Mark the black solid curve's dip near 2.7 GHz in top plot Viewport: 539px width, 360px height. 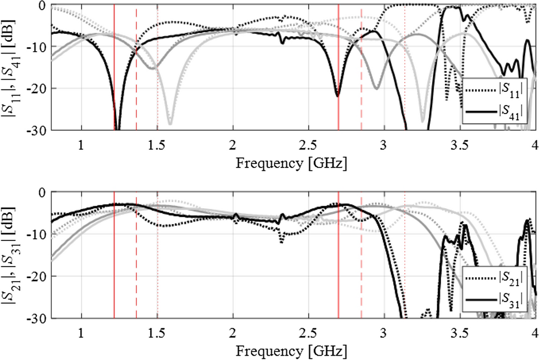coord(337,96)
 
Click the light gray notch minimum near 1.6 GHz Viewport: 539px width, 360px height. coord(170,124)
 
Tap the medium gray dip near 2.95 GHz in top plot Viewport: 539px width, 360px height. coord(376,88)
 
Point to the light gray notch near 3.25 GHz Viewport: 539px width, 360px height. coord(422,120)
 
